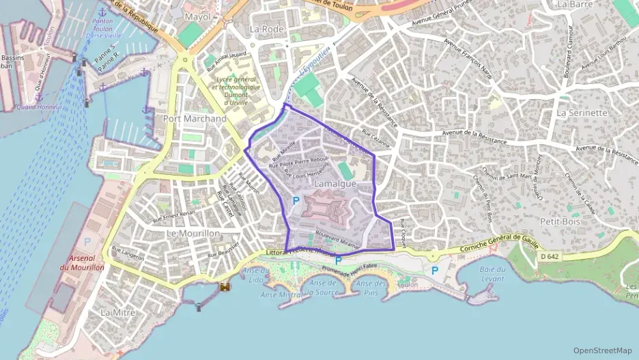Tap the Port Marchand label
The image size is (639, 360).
195,118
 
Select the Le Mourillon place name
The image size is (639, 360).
193,233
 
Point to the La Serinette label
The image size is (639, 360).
582,112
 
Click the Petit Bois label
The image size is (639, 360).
559,221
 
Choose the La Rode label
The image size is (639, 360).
266,29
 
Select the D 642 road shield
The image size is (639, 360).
548,256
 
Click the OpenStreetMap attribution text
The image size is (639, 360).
603,350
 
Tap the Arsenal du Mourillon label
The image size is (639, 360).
87,263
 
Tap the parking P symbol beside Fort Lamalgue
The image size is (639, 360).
296,201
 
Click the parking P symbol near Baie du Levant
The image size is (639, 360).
435,271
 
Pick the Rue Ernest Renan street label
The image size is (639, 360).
173,216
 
